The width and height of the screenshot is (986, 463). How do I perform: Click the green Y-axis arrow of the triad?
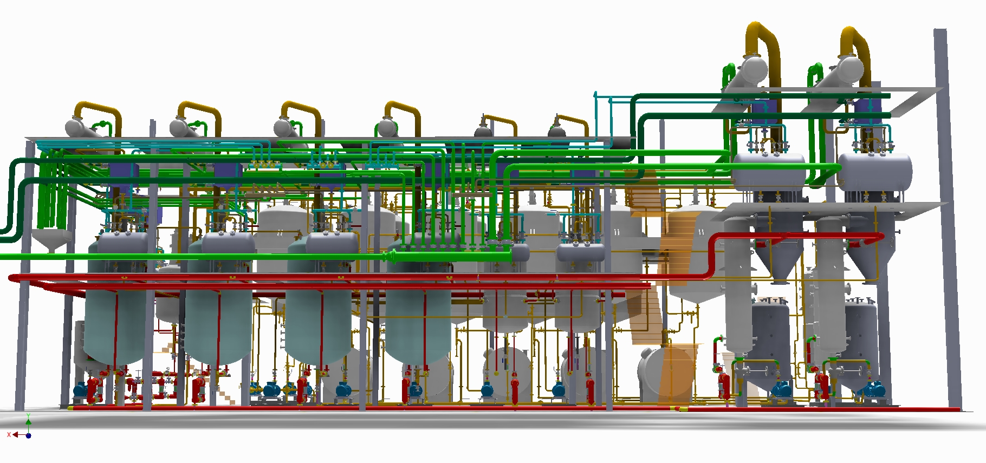pos(28,418)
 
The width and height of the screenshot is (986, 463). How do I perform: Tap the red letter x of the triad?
pos(9,434)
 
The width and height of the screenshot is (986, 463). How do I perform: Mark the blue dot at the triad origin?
pos(29,435)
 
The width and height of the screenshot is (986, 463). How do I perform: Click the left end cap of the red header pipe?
pos(11,278)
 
